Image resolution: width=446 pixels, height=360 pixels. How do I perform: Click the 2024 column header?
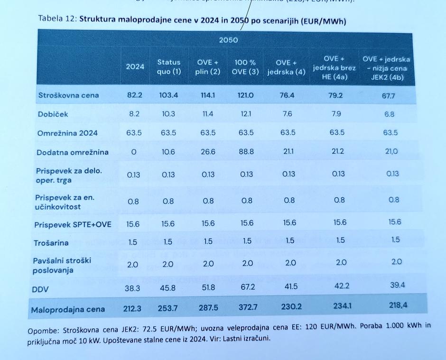[x=135, y=67]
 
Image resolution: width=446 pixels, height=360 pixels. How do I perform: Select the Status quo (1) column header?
[x=169, y=67]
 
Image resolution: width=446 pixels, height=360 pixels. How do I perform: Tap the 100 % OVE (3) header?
[x=246, y=67]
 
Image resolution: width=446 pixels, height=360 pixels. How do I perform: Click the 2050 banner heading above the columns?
[x=228, y=40]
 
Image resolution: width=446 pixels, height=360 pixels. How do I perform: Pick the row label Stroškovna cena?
[x=69, y=95]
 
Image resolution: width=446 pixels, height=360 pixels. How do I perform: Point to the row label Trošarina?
[x=51, y=243]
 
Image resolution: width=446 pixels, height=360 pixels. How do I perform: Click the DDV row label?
[x=40, y=289]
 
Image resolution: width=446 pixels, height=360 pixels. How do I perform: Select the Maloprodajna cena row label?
[x=68, y=310]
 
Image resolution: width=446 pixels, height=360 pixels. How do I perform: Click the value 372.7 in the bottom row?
[x=247, y=308]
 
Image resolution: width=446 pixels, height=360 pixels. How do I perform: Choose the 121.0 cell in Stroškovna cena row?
[x=245, y=95]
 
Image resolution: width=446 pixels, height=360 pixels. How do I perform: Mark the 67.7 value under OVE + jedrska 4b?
[x=389, y=95]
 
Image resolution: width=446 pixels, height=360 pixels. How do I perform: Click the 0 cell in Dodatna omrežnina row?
[x=133, y=152]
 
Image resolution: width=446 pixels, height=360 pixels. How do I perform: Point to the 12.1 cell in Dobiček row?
[x=246, y=114]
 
